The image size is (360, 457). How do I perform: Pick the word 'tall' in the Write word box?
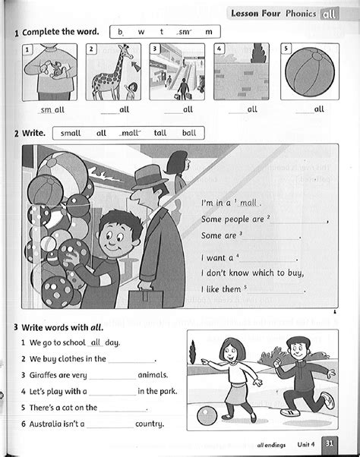(160, 133)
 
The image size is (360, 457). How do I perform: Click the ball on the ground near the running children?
(207, 416)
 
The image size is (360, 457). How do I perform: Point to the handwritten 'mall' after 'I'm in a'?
(250, 203)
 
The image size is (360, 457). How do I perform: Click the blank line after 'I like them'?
(277, 290)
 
